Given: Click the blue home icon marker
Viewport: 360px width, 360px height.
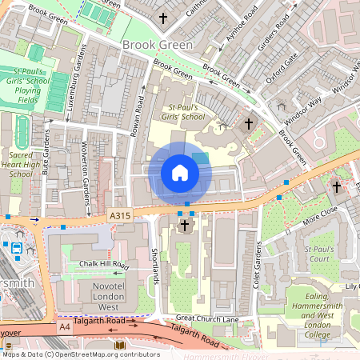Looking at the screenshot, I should (180, 173).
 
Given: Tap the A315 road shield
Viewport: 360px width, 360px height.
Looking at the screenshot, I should (119, 215).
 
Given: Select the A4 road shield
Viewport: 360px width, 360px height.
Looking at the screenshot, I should (64, 326).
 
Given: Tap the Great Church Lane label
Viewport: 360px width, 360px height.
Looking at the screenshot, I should (207, 318).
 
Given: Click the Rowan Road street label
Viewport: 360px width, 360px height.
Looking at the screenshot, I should (138, 116).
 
